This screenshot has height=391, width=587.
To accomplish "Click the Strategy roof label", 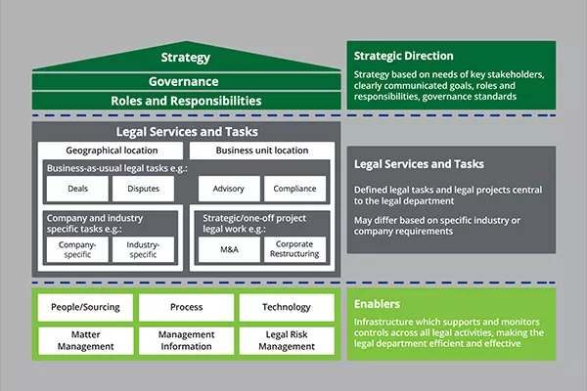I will (186, 58).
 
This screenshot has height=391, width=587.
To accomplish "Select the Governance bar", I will (186, 81).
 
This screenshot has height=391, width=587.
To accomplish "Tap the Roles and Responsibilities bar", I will (186, 100).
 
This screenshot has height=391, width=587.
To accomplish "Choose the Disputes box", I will (143, 189).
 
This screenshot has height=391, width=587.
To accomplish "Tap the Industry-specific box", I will (143, 249).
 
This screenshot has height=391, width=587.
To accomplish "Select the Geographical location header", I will (111, 151).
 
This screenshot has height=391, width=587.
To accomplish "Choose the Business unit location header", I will (260, 151).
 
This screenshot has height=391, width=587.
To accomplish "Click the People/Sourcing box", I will (85, 307).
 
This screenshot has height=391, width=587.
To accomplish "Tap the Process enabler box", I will (186, 307).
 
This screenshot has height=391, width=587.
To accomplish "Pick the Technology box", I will (287, 307).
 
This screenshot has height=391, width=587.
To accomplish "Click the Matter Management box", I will (85, 339).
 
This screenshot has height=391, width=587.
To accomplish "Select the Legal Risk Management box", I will (287, 339).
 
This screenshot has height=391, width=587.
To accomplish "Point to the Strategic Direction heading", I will (403, 56).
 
